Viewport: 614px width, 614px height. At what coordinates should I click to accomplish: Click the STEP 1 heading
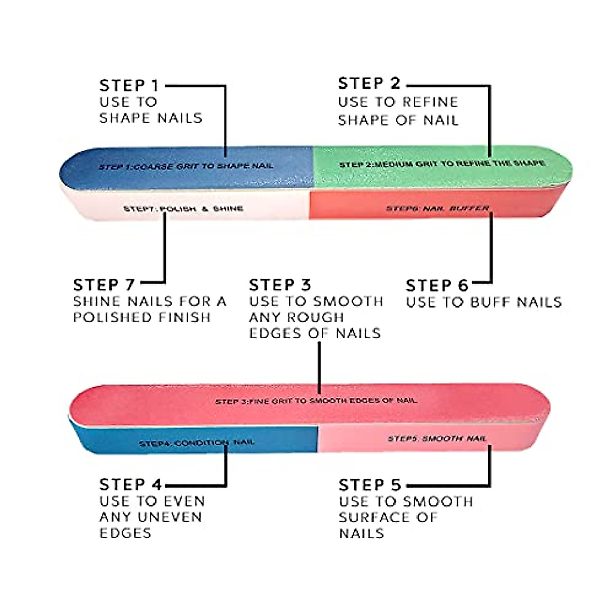tap(129, 85)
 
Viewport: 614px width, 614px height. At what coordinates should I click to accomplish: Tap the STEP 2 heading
tap(369, 83)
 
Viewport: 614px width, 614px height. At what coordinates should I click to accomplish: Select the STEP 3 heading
tap(279, 284)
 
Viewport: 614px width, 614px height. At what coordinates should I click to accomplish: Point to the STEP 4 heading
tap(130, 484)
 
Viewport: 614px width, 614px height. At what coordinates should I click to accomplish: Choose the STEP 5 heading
tap(369, 485)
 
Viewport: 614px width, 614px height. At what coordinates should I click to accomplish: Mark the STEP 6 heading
tap(436, 285)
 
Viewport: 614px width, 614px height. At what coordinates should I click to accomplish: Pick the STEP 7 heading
tap(104, 284)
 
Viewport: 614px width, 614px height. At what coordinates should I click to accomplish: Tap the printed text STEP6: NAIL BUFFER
tap(437, 208)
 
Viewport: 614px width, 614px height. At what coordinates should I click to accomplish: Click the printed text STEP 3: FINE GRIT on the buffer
tap(316, 401)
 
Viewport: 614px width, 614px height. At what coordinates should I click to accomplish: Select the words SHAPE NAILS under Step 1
tap(150, 118)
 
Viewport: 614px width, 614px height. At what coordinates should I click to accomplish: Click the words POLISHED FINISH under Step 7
tap(142, 317)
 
